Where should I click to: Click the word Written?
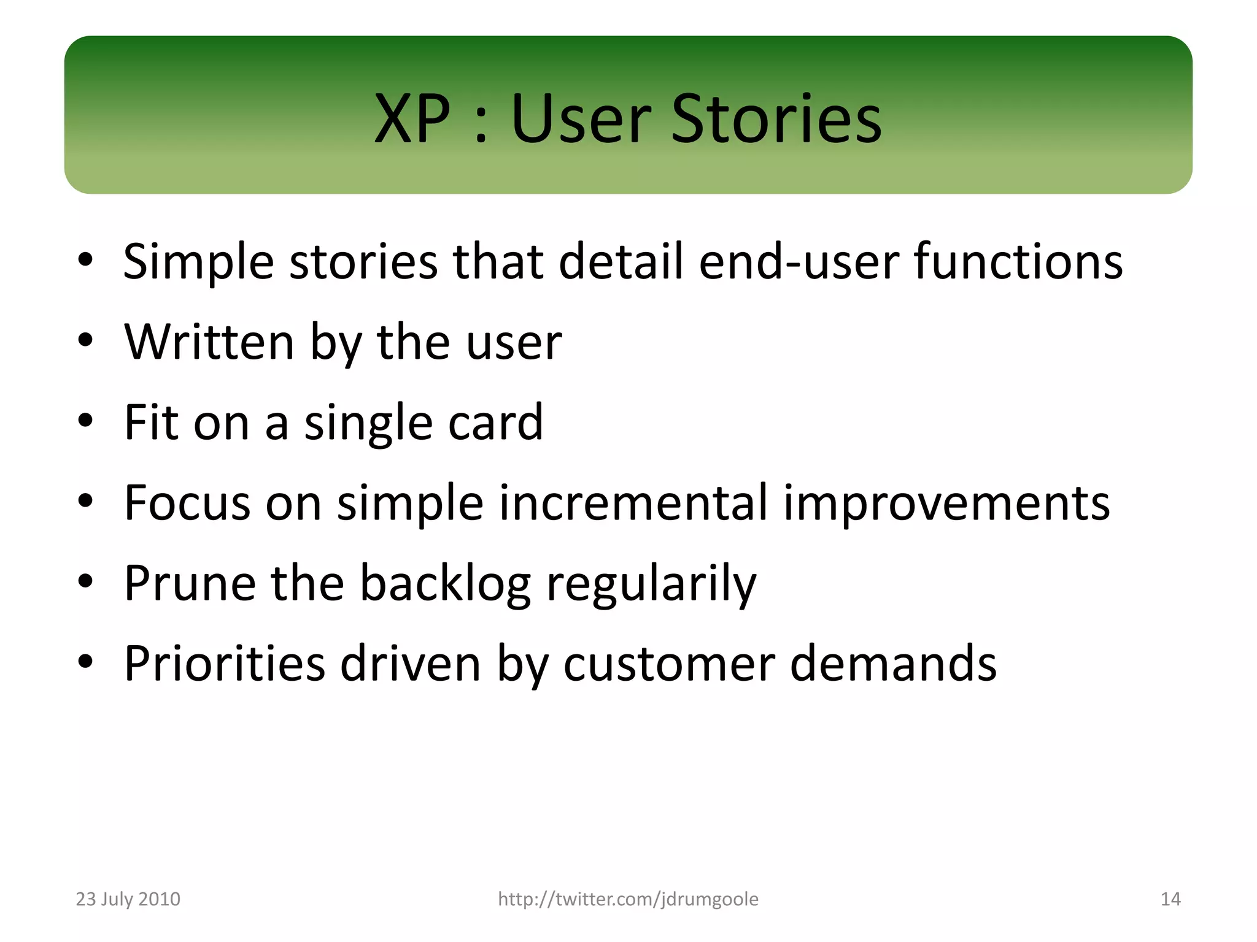pyautogui.click(x=209, y=342)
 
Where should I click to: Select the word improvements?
pyautogui.click(x=946, y=504)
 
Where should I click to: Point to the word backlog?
pyautogui.click(x=445, y=584)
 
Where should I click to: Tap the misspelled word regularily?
pyautogui.click(x=651, y=584)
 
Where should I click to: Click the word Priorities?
pyautogui.click(x=224, y=663)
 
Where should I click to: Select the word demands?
pyautogui.click(x=893, y=663)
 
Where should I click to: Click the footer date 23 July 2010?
pyautogui.click(x=128, y=899)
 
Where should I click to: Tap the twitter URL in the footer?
pyautogui.click(x=628, y=899)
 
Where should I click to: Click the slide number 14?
pyautogui.click(x=1170, y=899)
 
